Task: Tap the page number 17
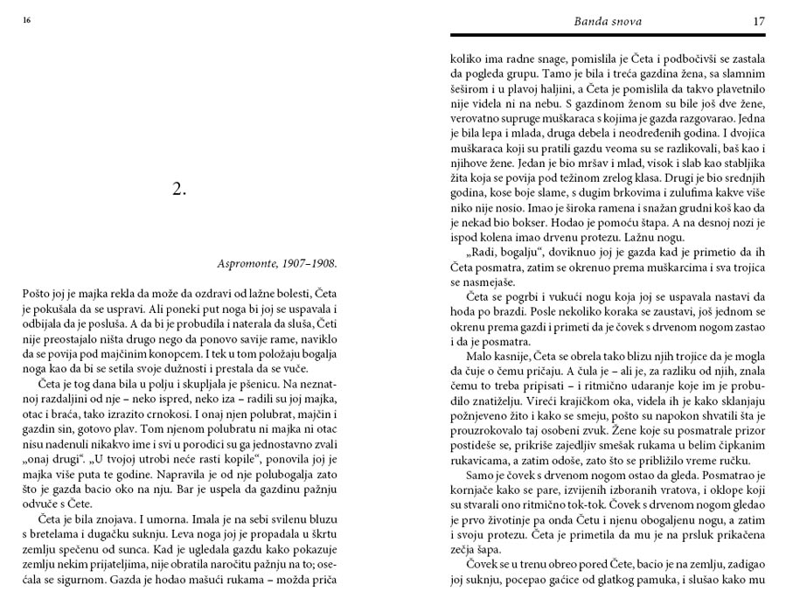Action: point(758,20)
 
